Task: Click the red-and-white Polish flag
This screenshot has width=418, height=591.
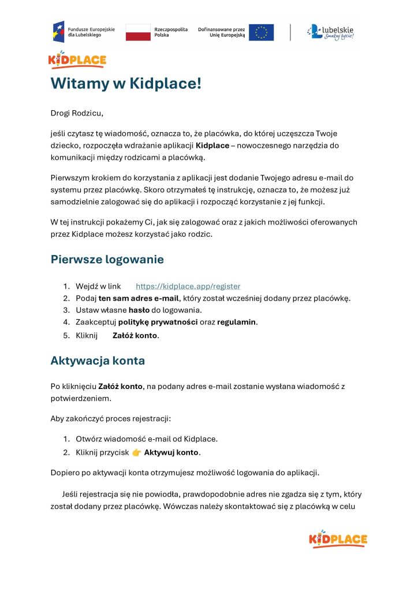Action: [137, 32]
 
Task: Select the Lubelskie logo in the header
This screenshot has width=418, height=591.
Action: [330, 32]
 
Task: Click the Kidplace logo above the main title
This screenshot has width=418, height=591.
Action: [77, 59]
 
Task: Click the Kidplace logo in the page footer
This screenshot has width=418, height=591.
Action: [338, 539]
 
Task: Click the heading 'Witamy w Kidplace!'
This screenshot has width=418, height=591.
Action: [126, 83]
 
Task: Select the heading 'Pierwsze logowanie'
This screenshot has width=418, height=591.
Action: [107, 259]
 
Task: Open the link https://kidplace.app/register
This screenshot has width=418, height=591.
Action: [188, 286]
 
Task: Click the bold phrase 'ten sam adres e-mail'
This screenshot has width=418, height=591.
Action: [139, 298]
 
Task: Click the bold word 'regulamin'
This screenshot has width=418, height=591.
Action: [237, 321]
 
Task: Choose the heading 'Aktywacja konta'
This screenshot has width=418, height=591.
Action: [98, 361]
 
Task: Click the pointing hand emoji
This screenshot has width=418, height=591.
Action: [136, 452]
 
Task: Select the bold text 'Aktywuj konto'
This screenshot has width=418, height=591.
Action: [171, 452]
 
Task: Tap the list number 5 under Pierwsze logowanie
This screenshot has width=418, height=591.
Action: [66, 335]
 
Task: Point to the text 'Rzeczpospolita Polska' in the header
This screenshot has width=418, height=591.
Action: [171, 32]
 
